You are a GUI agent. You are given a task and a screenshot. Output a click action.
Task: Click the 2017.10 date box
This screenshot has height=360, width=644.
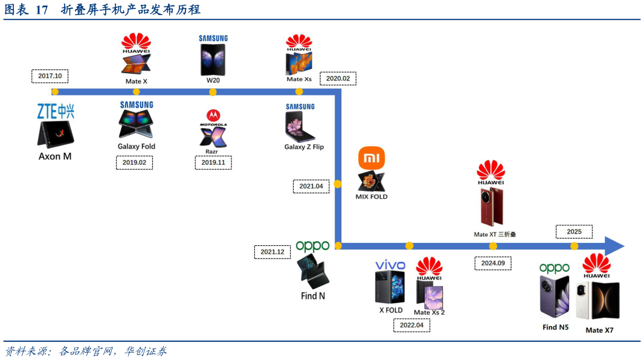pos(50,76)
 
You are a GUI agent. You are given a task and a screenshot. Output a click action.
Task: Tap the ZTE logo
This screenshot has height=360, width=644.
pos(56,112)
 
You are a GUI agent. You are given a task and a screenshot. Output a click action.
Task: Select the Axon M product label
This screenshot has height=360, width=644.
pos(55,156)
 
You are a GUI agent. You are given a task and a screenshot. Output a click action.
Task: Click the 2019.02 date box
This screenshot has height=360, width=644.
pos(134,162)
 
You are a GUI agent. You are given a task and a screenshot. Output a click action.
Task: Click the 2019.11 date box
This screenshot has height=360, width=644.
pos(213,162)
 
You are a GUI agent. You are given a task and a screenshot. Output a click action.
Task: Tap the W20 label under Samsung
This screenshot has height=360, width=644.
pos(213,80)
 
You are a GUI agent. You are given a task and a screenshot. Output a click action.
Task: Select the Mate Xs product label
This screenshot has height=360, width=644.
pos(298,79)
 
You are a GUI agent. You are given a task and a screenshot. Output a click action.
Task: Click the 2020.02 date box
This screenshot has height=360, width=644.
pos(338,79)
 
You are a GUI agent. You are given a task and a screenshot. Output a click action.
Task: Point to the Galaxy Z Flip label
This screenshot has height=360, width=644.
pos(304,147)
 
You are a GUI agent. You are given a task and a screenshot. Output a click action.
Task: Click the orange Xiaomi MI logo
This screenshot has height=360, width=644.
pos(372,158)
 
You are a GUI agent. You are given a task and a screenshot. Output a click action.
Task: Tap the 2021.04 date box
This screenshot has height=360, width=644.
pos(311,186)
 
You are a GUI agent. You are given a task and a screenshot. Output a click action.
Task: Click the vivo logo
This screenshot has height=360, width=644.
pos(390,265)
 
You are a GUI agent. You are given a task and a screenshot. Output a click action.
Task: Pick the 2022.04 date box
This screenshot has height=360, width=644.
pos(411,325)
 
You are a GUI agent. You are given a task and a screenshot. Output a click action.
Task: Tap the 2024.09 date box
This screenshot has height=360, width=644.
pos(493,263)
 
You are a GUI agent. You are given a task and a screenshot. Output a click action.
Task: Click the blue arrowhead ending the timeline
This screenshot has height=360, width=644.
pos(614,246)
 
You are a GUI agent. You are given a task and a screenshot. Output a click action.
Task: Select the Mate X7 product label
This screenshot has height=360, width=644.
pos(599,330)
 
